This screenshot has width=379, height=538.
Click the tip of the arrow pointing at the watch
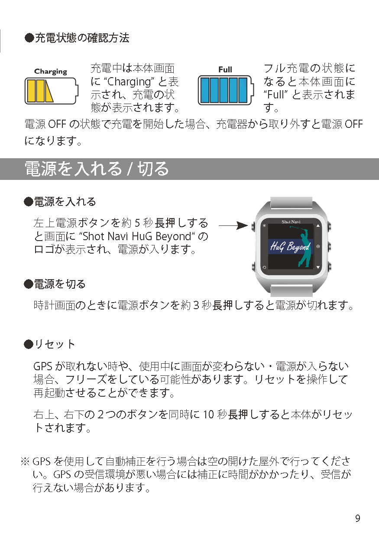point(248,225)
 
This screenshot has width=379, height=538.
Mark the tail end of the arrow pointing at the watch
point(219,225)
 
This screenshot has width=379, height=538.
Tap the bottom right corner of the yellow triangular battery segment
point(53,101)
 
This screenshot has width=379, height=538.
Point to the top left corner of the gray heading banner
point(0,158)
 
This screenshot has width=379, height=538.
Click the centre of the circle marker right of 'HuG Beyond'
point(318,246)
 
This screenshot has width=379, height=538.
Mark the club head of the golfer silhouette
point(291,227)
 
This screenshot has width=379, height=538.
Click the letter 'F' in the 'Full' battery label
point(220,70)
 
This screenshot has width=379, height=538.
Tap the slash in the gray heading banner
point(130,169)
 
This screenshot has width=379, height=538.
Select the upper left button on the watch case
point(253,226)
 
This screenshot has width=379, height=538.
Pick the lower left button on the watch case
point(253,266)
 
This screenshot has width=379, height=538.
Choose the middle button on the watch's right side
point(329,246)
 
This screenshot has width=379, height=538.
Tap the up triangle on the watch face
point(318,226)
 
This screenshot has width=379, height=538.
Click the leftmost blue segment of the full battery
point(205,90)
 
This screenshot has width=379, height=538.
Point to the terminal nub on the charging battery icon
point(77,91)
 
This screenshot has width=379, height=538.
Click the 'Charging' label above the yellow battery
point(51,72)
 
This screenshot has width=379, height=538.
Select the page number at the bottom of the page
point(358,518)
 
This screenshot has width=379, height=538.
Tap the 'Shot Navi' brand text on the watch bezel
point(291,222)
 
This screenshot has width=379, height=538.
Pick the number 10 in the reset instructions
point(209,414)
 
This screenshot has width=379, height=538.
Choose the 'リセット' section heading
point(55,344)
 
